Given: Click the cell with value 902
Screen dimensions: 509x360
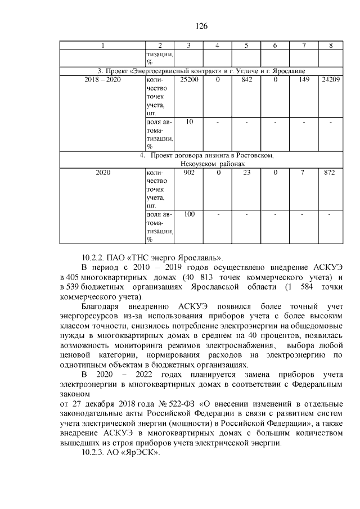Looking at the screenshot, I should click(x=188, y=173).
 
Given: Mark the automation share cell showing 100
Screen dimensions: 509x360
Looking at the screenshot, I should click(x=188, y=214).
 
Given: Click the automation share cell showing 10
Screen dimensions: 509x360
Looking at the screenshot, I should click(x=188, y=122).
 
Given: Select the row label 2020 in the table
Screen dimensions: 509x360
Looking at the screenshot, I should click(x=102, y=173).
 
